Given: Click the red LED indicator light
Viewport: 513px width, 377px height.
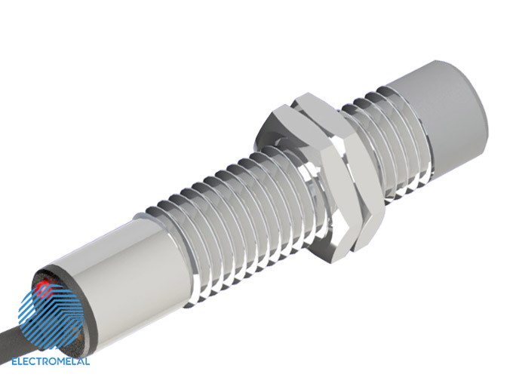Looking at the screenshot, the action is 43,287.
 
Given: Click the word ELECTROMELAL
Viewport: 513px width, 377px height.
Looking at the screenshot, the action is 51,361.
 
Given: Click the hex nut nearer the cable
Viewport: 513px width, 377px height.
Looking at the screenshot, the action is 304,183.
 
